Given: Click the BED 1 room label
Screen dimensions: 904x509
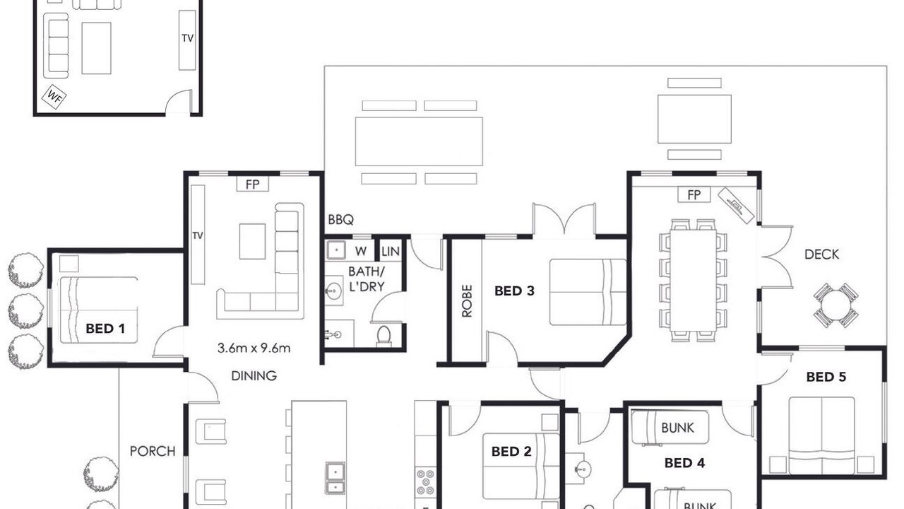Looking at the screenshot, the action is point(105,329).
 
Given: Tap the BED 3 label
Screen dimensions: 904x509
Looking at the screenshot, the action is point(514,291).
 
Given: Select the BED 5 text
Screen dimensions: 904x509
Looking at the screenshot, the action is point(826,377).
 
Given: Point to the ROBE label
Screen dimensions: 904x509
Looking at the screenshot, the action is point(467,301).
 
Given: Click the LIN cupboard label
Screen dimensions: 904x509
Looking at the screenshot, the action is point(391,252).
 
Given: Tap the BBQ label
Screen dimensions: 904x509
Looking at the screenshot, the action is point(341,220).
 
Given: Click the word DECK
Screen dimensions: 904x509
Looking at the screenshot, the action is point(821,255).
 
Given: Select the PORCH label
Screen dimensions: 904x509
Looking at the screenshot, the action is point(153,451).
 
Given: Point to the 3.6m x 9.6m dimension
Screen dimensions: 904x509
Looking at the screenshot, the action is point(254,348).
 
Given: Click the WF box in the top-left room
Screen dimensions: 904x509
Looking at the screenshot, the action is point(54,97).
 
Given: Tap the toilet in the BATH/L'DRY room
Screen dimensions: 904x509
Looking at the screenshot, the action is point(383,337).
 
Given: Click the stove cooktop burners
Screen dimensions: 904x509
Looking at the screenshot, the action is point(425,482).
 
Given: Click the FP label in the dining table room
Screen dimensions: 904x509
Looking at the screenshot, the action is point(694,195).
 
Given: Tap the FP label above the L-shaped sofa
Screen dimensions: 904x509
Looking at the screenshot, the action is point(253,185).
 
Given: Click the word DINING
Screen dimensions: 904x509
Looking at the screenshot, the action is point(254,376).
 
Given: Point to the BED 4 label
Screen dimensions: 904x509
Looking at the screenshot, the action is point(684,463).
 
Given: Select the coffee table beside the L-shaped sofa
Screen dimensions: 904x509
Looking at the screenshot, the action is point(252,242).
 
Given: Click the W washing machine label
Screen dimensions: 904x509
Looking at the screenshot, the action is point(361,251).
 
